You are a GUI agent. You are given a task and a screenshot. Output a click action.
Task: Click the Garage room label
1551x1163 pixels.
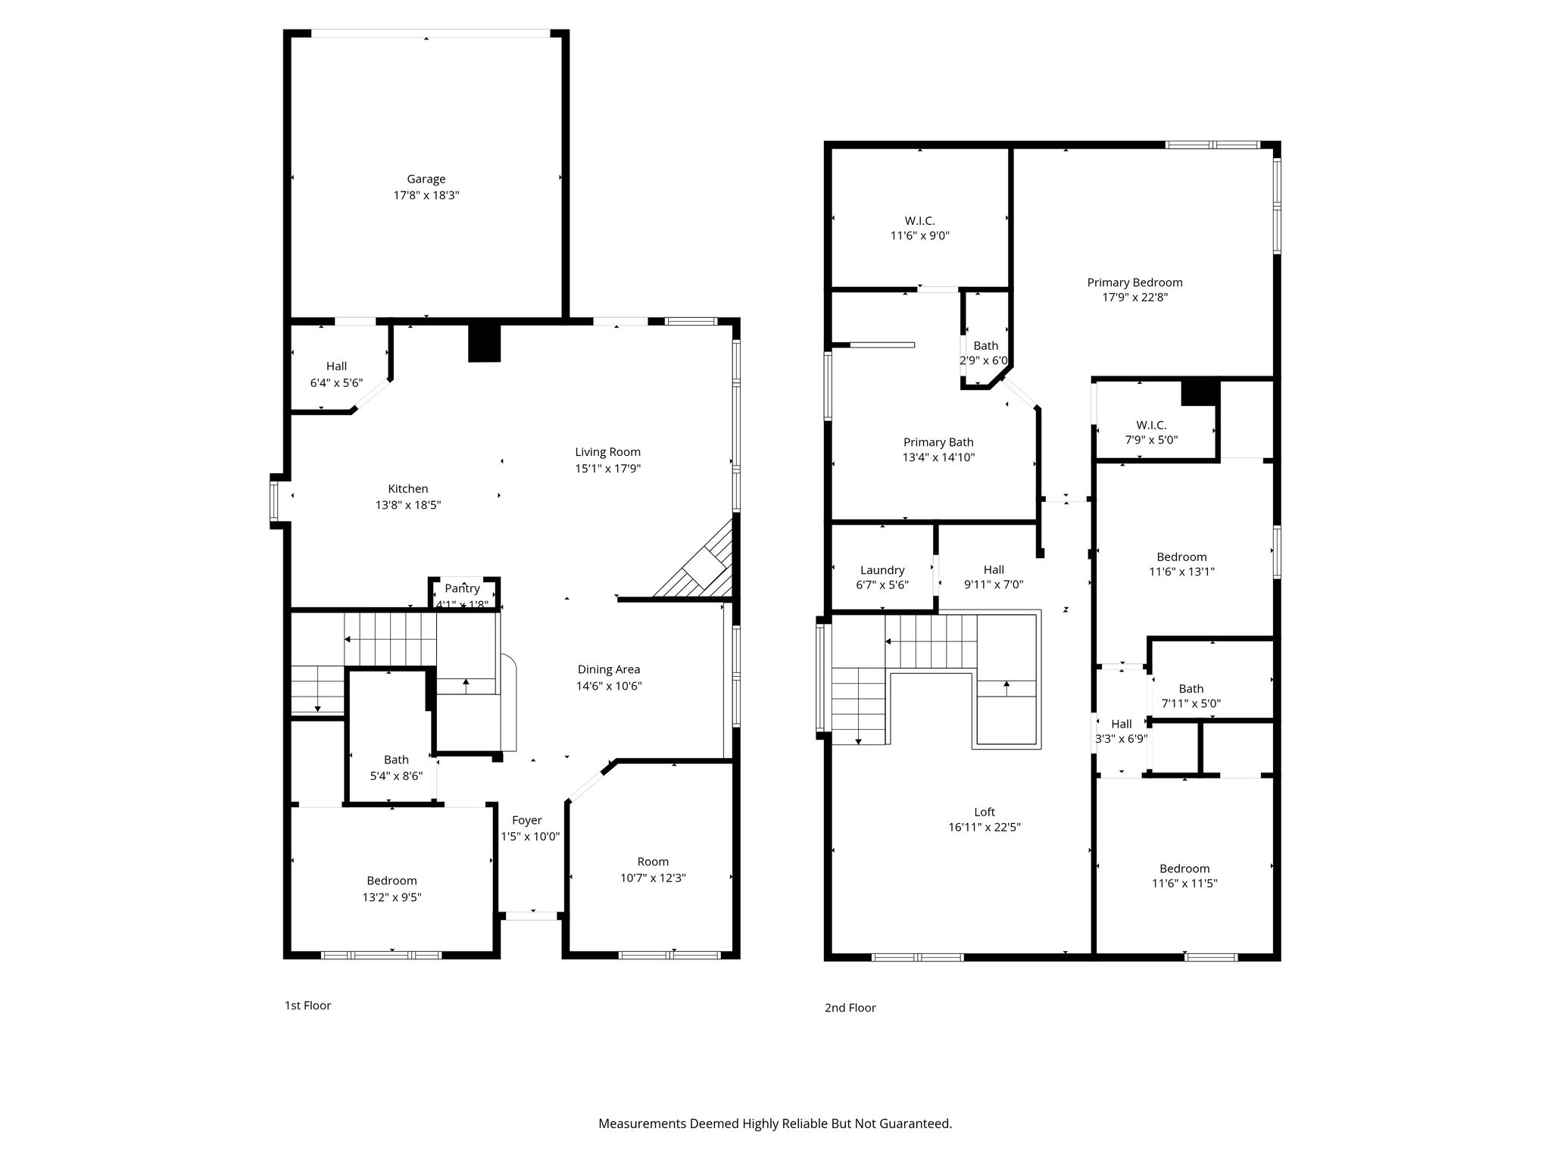pyautogui.click(x=426, y=179)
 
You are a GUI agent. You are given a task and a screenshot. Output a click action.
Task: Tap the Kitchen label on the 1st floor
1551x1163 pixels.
pyautogui.click(x=408, y=488)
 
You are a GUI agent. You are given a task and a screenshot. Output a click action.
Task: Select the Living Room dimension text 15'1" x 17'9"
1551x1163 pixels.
pyautogui.click(x=608, y=468)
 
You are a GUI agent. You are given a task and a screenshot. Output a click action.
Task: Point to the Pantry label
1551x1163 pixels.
pyautogui.click(x=462, y=588)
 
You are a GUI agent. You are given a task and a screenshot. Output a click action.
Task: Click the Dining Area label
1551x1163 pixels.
pyautogui.click(x=609, y=669)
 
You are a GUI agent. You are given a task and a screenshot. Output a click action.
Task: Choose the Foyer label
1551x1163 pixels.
pyautogui.click(x=527, y=820)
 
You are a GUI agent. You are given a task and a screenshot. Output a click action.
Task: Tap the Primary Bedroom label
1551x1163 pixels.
pyautogui.click(x=1134, y=282)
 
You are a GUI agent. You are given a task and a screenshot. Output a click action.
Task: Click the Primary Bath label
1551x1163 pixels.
pyautogui.click(x=938, y=442)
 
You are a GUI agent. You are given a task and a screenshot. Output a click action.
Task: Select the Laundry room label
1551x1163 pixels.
pyautogui.click(x=882, y=570)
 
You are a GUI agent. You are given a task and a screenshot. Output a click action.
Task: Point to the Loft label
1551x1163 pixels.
pyautogui.click(x=985, y=812)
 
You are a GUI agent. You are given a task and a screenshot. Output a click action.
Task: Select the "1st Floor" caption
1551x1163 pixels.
pyautogui.click(x=307, y=1006)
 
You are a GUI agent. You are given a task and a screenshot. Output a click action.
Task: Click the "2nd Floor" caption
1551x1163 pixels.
pyautogui.click(x=850, y=1008)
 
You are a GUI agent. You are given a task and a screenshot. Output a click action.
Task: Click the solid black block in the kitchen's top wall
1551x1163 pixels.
pyautogui.click(x=485, y=343)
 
